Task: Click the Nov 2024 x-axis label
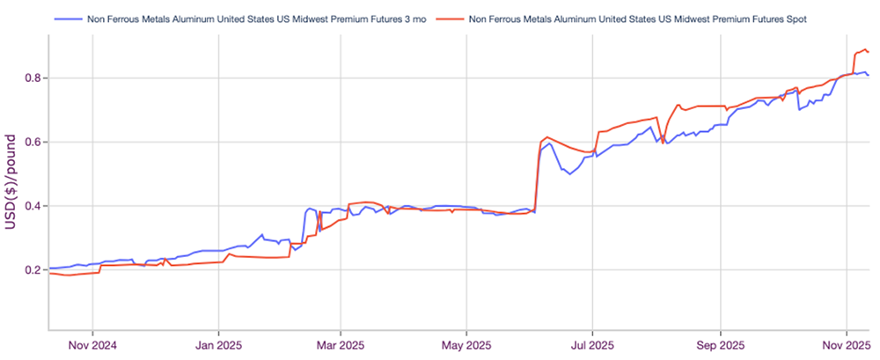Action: (93, 344)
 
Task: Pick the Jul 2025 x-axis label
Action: (592, 344)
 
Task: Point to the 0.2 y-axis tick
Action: (31, 269)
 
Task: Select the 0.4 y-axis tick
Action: (31, 206)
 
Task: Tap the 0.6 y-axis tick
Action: (31, 142)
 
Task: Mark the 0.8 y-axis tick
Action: (31, 78)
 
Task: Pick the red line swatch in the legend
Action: (450, 18)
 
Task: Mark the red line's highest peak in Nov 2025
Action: (866, 49)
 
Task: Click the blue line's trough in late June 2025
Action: (569, 174)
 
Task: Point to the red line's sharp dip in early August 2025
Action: (663, 143)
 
